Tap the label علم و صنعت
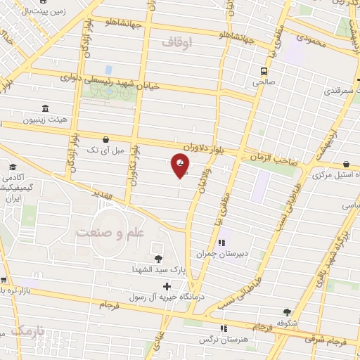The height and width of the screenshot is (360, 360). [x=109, y=232]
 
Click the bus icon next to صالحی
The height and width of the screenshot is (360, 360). [x=264, y=71]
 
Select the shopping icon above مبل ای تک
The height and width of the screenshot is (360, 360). [x=105, y=139]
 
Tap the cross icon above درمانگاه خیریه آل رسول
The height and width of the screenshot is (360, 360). [x=166, y=286]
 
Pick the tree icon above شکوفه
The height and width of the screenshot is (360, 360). [x=287, y=312]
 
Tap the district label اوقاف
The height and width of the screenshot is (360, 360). [x=176, y=43]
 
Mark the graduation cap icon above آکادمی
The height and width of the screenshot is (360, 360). [x=13, y=167]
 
